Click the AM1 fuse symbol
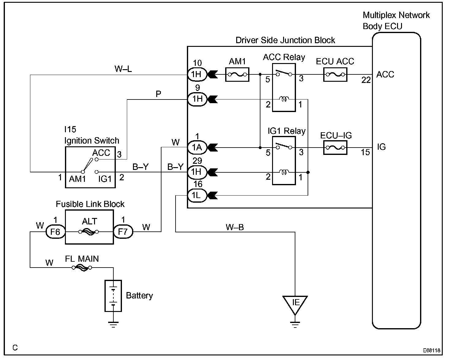(237, 74)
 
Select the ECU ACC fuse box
(335, 74)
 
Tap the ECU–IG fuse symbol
(335, 148)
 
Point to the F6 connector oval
(55, 232)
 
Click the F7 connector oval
(123, 232)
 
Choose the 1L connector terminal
(197, 195)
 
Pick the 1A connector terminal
(197, 148)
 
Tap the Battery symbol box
(113, 296)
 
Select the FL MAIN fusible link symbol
(82, 268)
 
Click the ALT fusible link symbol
(89, 232)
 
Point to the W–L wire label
(123, 69)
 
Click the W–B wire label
(235, 227)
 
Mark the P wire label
(158, 94)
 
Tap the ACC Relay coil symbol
(284, 99)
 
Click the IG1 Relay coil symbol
(284, 172)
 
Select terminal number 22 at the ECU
(366, 80)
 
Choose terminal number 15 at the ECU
(365, 152)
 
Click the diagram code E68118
(431, 351)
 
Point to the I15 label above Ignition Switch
(70, 129)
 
